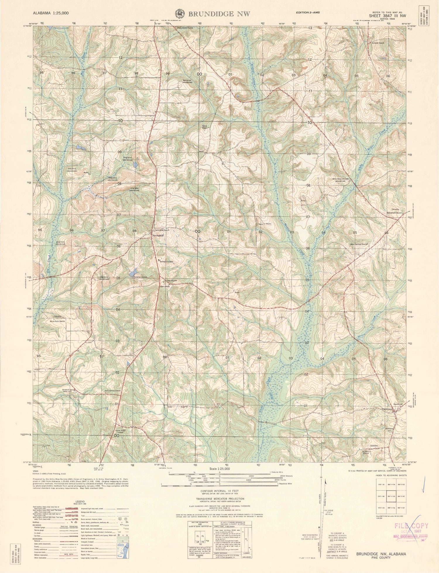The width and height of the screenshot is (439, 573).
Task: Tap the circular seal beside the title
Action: tap(179, 13)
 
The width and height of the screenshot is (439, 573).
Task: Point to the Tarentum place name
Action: tap(387, 409)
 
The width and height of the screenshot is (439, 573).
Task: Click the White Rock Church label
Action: tap(57, 321)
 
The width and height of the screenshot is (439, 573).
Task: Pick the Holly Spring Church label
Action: tap(112, 391)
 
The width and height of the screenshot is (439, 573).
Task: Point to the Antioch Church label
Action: tap(377, 43)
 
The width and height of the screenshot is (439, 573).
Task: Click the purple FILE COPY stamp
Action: tap(411, 526)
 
